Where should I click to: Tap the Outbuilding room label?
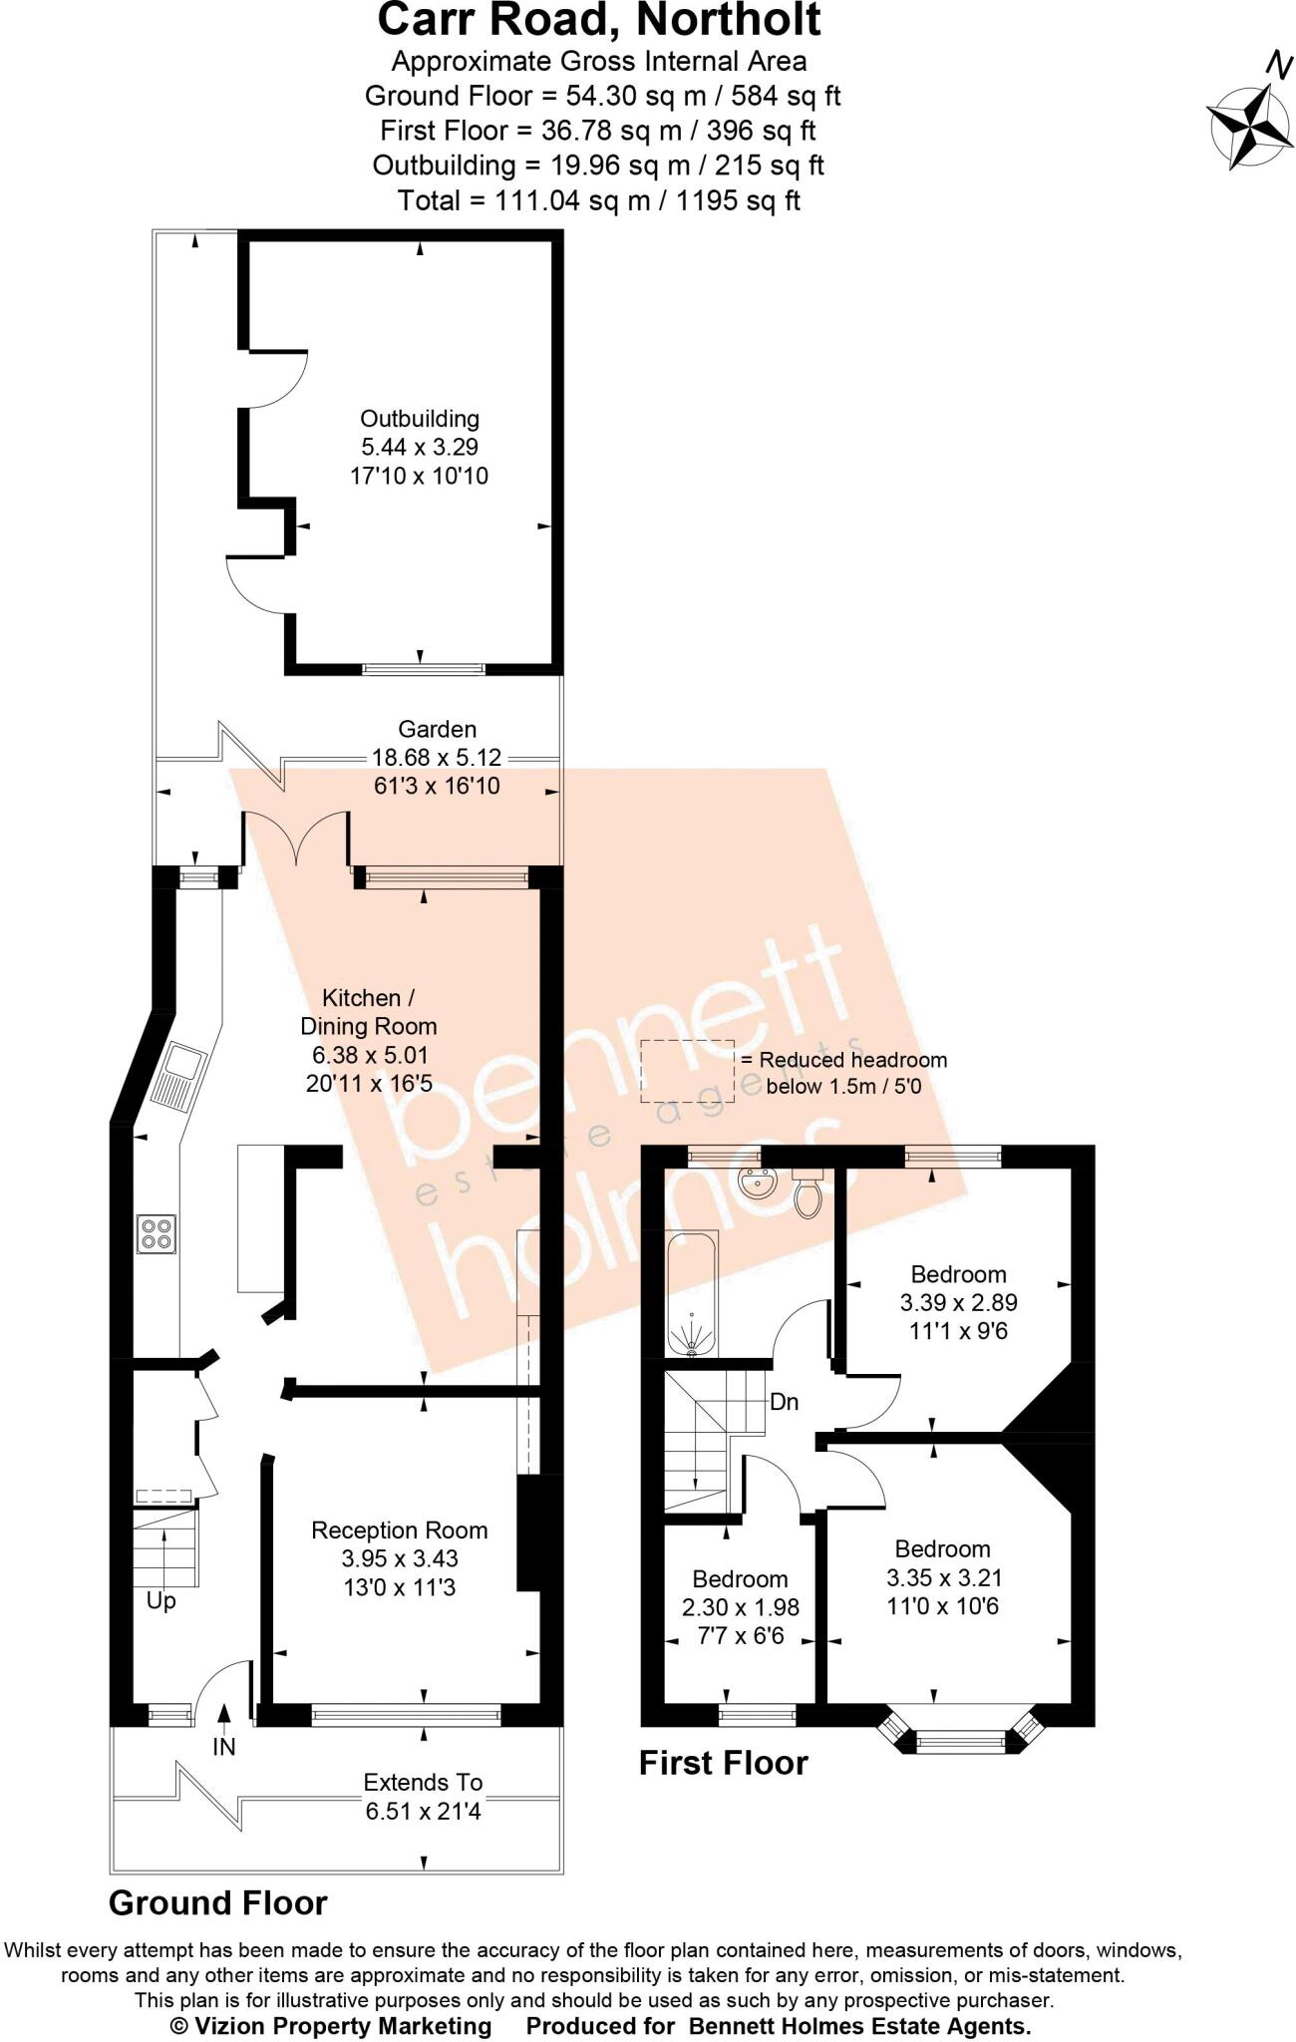pos(420,420)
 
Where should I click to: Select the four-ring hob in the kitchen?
pos(156,1233)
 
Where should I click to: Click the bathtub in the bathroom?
pos(691,1295)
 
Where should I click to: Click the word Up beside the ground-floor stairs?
pos(161,1601)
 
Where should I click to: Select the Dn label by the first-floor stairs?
pos(785,1402)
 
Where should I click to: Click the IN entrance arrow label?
pos(224,1746)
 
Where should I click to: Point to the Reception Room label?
pos(399,1531)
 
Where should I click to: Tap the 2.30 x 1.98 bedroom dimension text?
pos(741,1607)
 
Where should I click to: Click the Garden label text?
pos(437,729)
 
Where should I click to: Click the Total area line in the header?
pos(598,200)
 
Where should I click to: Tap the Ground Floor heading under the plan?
pos(217,1902)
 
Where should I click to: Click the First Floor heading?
pos(723,1762)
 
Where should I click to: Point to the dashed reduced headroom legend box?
pos(686,1070)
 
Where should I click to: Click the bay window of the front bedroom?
pos(961,1740)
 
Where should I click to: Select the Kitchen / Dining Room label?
pos(369,1011)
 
